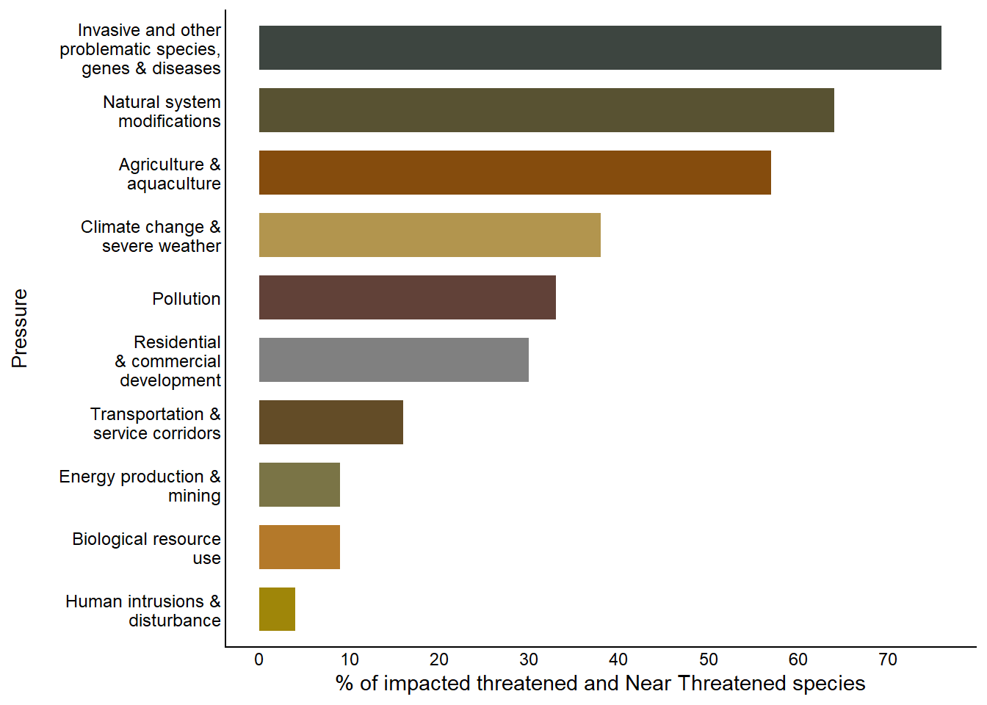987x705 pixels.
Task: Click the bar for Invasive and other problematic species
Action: [x=600, y=48]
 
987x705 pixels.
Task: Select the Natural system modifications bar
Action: [x=546, y=110]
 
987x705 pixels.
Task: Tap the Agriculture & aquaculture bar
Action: [x=515, y=173]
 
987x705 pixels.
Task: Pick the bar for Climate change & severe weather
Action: [x=430, y=235]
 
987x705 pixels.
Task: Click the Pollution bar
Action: [x=407, y=297]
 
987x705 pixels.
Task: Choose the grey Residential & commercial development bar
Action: [x=394, y=360]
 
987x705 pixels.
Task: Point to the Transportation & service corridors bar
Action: [x=330, y=422]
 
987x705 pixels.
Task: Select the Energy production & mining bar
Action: [x=299, y=485]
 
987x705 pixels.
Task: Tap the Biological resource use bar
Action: [x=299, y=547]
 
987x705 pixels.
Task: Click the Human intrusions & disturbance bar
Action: [x=277, y=610]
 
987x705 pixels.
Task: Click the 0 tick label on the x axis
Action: [x=259, y=659]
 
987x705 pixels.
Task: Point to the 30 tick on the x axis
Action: [x=529, y=659]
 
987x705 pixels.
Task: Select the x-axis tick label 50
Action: [x=708, y=659]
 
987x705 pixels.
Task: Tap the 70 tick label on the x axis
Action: [x=888, y=659]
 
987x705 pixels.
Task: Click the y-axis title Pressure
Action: [x=20, y=328]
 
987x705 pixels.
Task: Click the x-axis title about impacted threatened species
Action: [x=600, y=684]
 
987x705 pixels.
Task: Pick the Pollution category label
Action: [x=187, y=299]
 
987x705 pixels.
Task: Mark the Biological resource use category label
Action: [x=147, y=549]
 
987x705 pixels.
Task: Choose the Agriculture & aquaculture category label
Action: [x=170, y=174]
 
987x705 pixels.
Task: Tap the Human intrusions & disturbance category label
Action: [x=143, y=611]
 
